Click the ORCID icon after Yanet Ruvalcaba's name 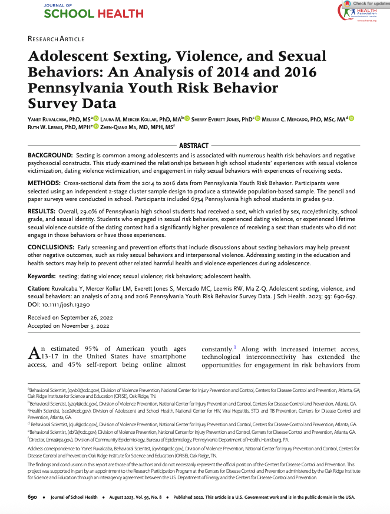click(96, 120)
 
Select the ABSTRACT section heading click(194, 146)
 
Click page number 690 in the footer click(34, 497)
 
